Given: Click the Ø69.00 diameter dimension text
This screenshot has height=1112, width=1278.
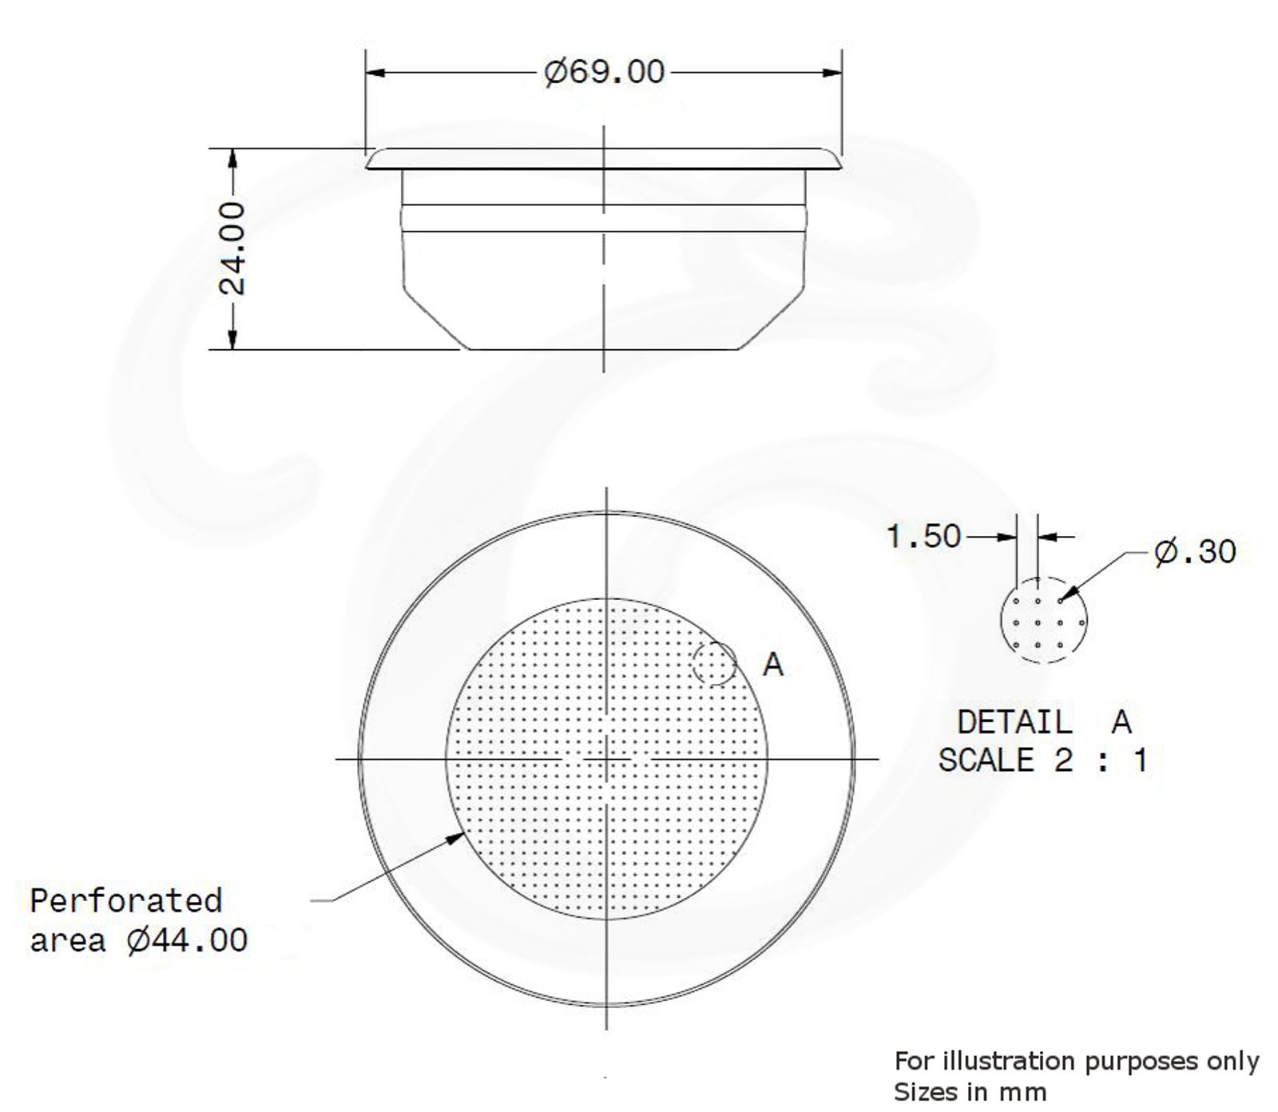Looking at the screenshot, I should (604, 73).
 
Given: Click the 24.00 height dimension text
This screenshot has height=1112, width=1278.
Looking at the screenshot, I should (232, 248).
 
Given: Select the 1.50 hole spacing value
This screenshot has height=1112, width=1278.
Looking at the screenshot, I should (924, 536).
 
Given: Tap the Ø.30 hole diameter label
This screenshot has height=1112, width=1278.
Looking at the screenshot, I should (1195, 551).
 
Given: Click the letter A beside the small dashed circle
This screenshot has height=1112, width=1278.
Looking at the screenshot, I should (773, 664).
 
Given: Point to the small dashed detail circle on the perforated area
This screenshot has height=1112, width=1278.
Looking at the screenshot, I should (714, 663).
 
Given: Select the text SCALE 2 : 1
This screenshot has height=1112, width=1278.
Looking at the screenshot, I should (1042, 760).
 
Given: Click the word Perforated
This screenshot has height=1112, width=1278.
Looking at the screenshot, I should (126, 901).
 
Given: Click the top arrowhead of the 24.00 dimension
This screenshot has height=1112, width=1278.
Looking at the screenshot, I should (232, 158).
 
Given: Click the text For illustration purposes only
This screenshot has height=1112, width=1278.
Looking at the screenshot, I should (1076, 1061).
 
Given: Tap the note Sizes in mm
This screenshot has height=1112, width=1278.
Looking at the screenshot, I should (969, 1091).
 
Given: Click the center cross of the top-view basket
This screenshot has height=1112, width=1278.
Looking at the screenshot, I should (606, 758).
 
